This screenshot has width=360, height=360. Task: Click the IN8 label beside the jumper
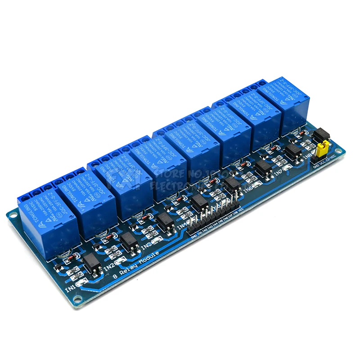tap(308, 156)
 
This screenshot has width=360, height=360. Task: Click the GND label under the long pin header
tap(193, 235)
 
